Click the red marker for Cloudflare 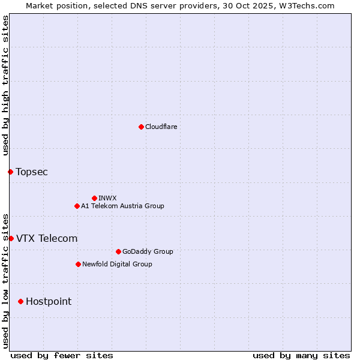141,127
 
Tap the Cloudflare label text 161,127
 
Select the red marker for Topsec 10,172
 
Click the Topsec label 32,172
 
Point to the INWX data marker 94,198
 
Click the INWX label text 107,198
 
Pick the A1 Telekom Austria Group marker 77,206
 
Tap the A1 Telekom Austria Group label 122,206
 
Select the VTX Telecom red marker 11,238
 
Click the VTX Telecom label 47,238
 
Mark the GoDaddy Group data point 118,251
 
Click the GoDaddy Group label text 147,251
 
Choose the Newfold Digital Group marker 78,264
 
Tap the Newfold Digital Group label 117,264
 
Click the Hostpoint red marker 20,301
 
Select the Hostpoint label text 49,301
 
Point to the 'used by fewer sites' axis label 62,355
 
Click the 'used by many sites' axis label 301,355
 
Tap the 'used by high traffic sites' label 5,85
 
